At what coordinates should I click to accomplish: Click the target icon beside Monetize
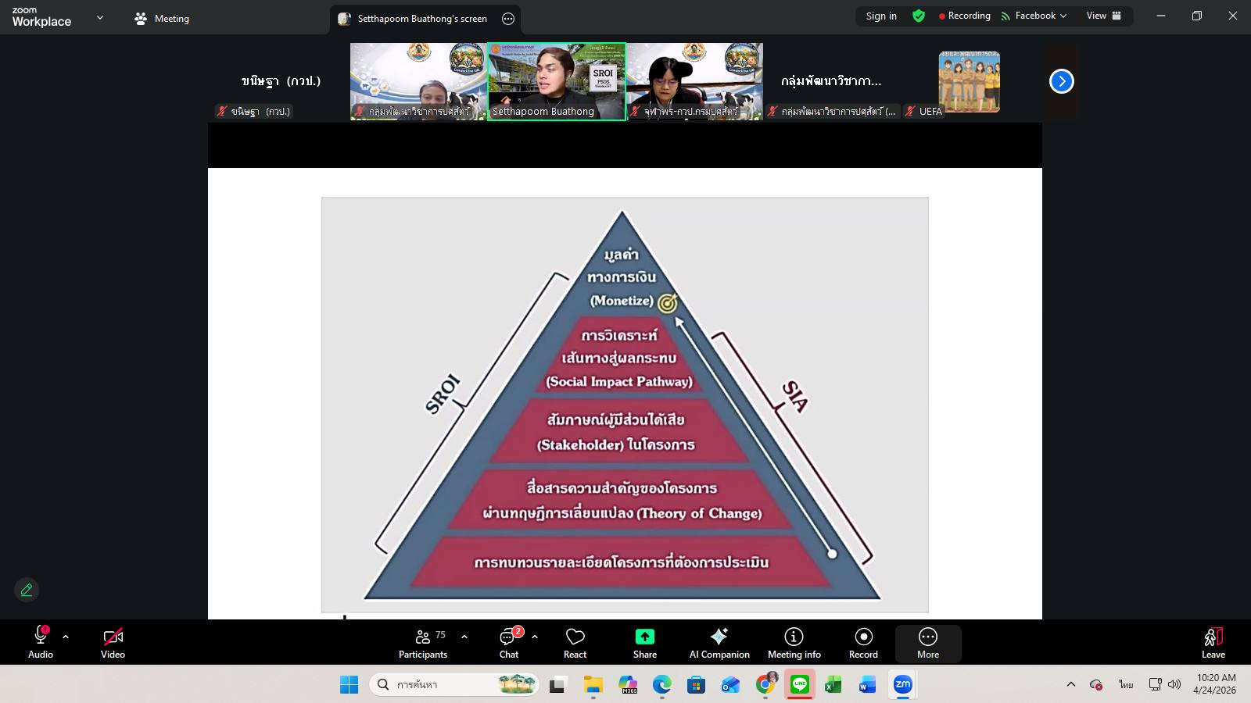click(667, 303)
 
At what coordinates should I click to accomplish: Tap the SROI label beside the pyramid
click(443, 394)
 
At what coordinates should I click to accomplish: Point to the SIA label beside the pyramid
click(795, 396)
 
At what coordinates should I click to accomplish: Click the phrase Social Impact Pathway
click(619, 381)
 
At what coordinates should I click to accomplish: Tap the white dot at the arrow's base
click(832, 554)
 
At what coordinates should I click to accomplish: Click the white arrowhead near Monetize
click(679, 321)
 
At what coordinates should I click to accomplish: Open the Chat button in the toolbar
click(509, 643)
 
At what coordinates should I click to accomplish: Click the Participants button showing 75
click(423, 643)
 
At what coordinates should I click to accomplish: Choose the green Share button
click(645, 643)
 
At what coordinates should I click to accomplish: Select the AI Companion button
click(719, 643)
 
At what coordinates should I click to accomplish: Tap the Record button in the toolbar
click(863, 643)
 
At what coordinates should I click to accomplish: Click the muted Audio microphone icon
click(41, 637)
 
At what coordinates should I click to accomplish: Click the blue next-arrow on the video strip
click(1061, 81)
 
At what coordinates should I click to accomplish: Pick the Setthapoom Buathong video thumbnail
click(556, 81)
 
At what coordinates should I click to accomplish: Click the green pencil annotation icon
click(27, 590)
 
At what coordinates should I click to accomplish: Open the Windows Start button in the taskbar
click(349, 685)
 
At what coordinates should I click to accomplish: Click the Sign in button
click(881, 16)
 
